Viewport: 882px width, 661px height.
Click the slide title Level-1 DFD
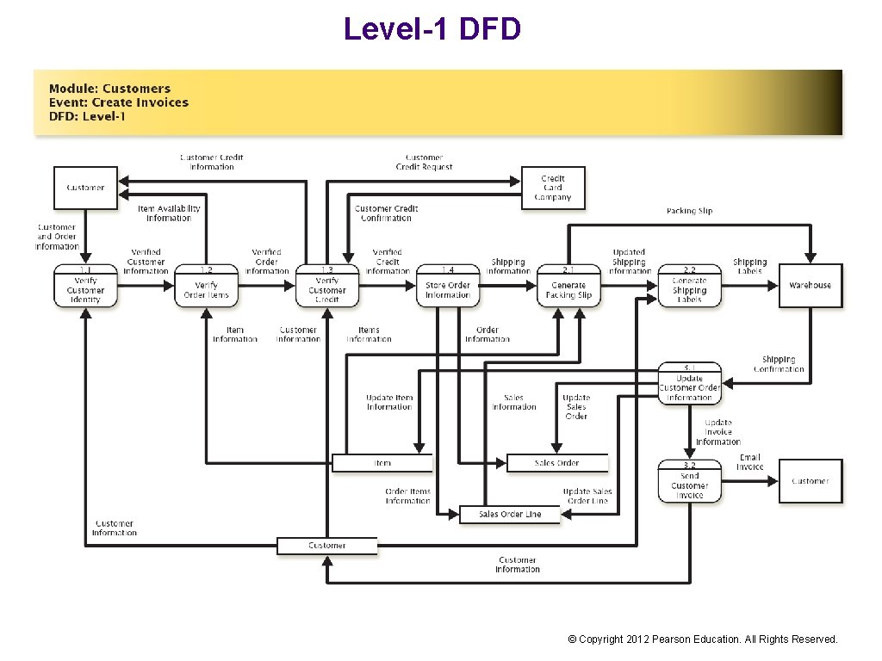(432, 28)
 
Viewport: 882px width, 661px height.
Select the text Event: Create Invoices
(118, 102)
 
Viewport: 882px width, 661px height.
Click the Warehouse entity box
(810, 285)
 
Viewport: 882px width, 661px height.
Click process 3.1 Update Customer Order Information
(689, 384)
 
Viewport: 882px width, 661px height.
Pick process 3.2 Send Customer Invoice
(689, 482)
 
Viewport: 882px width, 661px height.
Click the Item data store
(382, 463)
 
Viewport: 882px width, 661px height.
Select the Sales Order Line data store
(510, 515)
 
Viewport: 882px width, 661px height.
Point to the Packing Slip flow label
(689, 211)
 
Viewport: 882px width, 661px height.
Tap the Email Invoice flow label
(749, 462)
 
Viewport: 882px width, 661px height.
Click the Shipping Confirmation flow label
(779, 364)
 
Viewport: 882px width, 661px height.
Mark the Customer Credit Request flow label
(424, 162)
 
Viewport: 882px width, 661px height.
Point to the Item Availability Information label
(169, 213)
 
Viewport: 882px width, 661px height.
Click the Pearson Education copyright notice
(702, 639)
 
